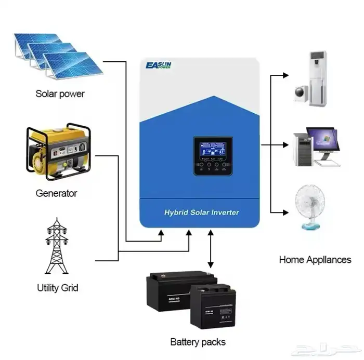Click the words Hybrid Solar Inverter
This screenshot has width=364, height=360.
[202, 212]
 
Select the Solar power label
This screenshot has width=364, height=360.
[60, 94]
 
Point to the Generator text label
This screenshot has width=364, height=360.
[56, 193]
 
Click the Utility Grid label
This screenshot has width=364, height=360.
[57, 287]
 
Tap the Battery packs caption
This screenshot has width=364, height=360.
[198, 342]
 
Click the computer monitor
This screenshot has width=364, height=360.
[322, 140]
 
